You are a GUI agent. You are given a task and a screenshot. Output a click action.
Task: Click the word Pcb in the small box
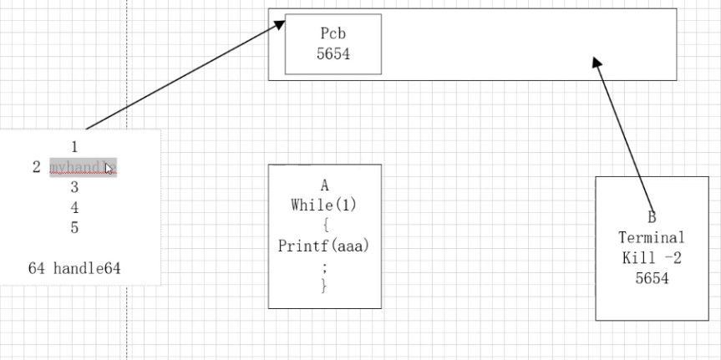[x=333, y=34]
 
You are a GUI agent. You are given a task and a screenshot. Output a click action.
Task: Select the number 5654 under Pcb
[x=333, y=53]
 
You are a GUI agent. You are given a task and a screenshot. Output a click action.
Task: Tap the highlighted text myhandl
[x=82, y=167]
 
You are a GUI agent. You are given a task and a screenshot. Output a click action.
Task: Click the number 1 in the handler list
[x=74, y=146]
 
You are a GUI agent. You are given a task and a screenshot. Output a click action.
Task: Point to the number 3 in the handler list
[x=74, y=186]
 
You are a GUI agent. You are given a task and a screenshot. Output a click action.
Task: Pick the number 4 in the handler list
[x=74, y=207]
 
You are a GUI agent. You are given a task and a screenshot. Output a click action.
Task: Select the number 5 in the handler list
[x=74, y=227]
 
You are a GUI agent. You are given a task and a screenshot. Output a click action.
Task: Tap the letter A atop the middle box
[x=324, y=186]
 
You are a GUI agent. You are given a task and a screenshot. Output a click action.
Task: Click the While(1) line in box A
[x=324, y=205]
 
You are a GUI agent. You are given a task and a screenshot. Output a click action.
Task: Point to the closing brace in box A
[x=324, y=286]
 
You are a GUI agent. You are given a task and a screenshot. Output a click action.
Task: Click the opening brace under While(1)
[x=324, y=226]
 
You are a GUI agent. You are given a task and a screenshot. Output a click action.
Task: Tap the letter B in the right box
[x=652, y=216]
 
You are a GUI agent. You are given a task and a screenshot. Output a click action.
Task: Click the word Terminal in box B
[x=652, y=237]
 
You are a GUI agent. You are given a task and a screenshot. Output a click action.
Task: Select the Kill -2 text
[x=652, y=258]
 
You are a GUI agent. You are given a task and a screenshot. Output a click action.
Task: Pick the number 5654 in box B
[x=652, y=279]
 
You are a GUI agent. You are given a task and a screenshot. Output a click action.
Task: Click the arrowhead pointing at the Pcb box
[x=280, y=25]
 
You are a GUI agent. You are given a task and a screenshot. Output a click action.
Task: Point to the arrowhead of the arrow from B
[x=597, y=63]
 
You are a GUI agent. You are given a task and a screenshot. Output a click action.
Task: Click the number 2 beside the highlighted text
[x=36, y=167]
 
